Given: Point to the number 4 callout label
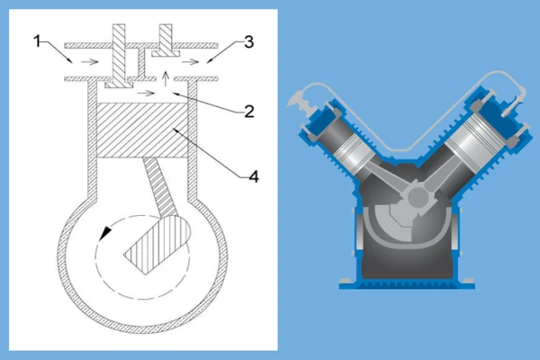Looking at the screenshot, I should pyautogui.click(x=253, y=175).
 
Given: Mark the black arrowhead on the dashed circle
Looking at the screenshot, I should pyautogui.click(x=106, y=233).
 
